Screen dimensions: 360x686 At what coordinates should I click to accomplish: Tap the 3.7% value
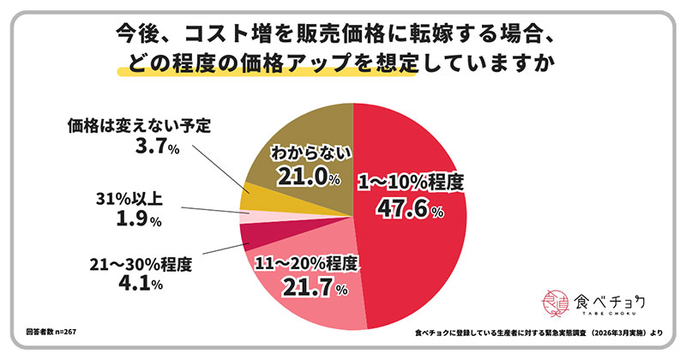154,150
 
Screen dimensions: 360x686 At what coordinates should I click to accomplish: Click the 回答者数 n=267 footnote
44,329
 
